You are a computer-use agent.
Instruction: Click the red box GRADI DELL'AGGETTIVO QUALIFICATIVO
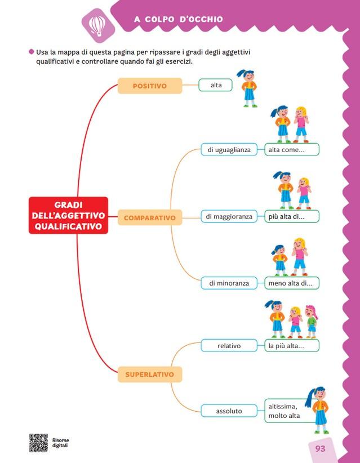(68, 215)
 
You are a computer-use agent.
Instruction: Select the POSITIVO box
(150, 86)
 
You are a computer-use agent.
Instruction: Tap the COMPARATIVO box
(150, 217)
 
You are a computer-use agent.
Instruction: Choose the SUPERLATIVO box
(150, 374)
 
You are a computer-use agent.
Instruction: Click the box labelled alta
(216, 85)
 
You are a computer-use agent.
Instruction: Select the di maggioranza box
(229, 216)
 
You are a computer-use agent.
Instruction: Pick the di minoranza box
(229, 283)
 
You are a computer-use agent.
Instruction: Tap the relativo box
(229, 345)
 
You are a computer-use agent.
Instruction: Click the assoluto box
(229, 411)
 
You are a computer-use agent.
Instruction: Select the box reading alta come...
(292, 150)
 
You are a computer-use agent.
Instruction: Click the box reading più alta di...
(292, 216)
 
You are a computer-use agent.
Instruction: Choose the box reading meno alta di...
(292, 283)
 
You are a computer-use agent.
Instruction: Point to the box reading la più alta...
(292, 345)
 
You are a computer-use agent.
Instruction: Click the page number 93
(321, 449)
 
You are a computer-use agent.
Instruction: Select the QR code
(38, 443)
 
